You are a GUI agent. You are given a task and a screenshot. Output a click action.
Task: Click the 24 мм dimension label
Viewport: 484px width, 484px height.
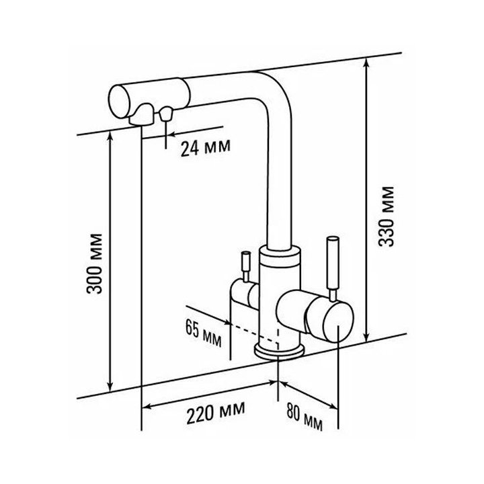pyautogui.click(x=206, y=149)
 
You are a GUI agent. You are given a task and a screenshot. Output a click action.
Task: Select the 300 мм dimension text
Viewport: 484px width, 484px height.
pyautogui.click(x=95, y=264)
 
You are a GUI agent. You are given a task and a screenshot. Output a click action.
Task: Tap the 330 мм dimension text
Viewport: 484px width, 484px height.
pyautogui.click(x=386, y=216)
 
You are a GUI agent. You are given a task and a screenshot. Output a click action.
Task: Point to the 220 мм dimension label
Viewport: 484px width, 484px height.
pyautogui.click(x=216, y=412)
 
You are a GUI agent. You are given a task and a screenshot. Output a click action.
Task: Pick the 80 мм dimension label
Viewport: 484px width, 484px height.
pyautogui.click(x=305, y=416)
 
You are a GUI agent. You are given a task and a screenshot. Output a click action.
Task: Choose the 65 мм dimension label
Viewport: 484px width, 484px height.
pyautogui.click(x=204, y=333)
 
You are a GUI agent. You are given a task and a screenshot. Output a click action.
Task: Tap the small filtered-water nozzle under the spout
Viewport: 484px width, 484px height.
pyautogui.click(x=166, y=114)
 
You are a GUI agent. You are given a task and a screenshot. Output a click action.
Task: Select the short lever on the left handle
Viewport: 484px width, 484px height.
pyautogui.click(x=246, y=266)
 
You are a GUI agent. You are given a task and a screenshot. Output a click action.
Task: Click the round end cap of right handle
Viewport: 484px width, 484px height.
pyautogui.click(x=337, y=322)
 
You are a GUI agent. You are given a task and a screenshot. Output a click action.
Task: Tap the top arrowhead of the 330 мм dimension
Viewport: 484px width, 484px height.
pyautogui.click(x=366, y=64)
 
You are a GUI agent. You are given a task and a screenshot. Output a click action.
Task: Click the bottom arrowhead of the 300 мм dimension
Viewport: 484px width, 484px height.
pyautogui.click(x=110, y=387)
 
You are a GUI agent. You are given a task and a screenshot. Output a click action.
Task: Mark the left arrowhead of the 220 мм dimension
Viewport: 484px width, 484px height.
pyautogui.click(x=147, y=406)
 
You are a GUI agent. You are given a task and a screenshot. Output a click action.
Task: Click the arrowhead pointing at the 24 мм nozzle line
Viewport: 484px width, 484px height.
pyautogui.click(x=171, y=134)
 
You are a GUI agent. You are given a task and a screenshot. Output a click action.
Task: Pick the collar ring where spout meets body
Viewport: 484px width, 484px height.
pyautogui.click(x=280, y=255)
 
